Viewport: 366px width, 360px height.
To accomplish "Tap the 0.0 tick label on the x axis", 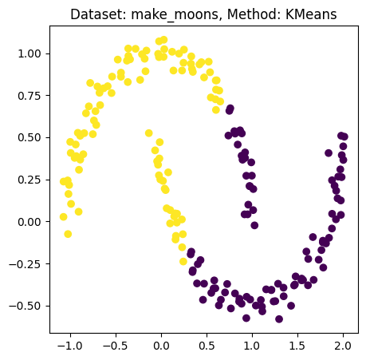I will coord(161,346).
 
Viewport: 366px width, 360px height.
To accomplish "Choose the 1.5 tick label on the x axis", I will coord(297,346).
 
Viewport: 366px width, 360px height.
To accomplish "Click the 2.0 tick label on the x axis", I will coord(343,346).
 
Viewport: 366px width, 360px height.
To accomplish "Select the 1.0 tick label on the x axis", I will coord(252,346).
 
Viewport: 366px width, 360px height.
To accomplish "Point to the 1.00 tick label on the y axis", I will coord(30,53).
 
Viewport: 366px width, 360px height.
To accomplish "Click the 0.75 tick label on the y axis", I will coord(30,95).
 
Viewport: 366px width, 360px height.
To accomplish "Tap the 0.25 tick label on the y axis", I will coord(30,180).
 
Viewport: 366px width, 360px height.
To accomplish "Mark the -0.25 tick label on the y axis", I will coord(27,263).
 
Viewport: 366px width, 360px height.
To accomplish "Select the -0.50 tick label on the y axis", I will coord(27,306).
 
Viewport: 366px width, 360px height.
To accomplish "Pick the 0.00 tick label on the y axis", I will coord(30,221).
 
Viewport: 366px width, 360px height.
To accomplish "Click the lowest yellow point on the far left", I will coord(68,234).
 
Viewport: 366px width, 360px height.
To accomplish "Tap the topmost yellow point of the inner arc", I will coord(149,133).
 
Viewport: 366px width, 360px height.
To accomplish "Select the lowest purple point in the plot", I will coord(279,319).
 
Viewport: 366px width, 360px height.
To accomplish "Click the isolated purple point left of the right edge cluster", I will coord(329,152).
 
